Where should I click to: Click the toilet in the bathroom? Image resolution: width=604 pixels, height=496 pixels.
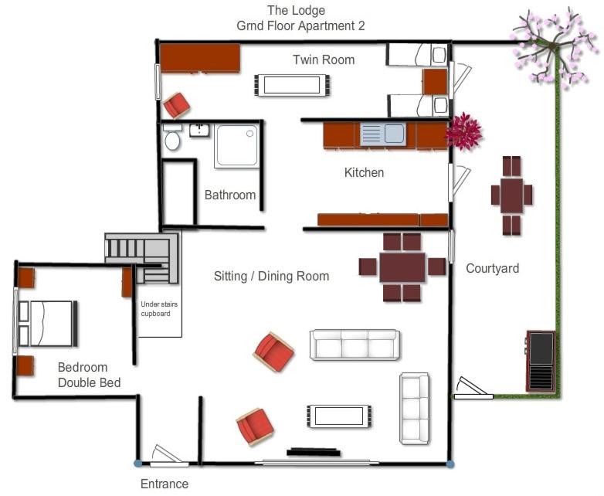coord(172,138)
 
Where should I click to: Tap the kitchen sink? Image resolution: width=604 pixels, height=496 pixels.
coord(383,134)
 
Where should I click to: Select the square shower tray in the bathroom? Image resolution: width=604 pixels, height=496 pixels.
coord(236,146)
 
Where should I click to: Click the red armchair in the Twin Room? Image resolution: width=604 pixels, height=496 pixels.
coord(177,105)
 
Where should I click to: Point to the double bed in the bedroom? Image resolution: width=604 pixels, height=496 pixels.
coord(48,324)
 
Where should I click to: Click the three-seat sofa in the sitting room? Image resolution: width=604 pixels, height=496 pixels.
coord(355,345)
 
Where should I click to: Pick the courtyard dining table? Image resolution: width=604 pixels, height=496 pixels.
coord(512,195)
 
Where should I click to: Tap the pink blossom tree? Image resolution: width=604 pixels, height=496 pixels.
coord(551,48)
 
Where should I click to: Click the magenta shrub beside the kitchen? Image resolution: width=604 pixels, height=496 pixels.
coord(463,131)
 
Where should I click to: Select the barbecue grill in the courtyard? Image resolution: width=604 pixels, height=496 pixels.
coord(541,361)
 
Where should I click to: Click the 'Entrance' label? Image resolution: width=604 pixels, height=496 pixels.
coord(165,484)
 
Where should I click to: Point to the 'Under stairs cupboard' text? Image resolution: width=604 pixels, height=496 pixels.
coord(159,309)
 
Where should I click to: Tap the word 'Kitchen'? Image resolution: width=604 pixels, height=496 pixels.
coord(364,172)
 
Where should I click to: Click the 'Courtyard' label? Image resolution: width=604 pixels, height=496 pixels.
coord(492,268)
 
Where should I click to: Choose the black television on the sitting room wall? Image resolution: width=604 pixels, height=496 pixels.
coord(313,452)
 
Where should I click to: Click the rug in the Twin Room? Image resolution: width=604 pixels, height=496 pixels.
coord(292,85)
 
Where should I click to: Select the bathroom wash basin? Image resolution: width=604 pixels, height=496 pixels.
coord(199,131)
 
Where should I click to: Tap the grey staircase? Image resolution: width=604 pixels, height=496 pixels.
coord(142,257)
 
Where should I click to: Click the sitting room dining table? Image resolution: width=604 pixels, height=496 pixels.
coord(402,267)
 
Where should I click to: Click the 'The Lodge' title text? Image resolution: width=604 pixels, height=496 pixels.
coord(297,10)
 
